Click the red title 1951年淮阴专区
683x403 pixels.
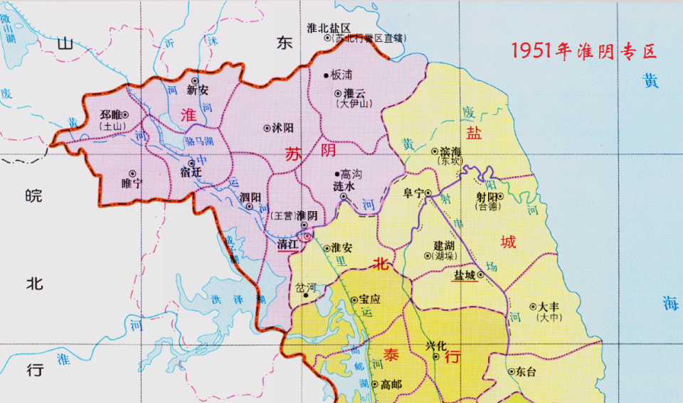click(583, 51)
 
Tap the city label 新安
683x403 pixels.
click(197, 90)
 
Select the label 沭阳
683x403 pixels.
click(282, 129)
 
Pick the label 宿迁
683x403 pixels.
click(191, 173)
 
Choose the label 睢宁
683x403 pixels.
click(132, 183)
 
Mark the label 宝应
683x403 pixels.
click(370, 300)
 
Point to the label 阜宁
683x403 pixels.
click(413, 192)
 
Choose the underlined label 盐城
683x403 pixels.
click(465, 274)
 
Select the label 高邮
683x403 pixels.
click(391, 385)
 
